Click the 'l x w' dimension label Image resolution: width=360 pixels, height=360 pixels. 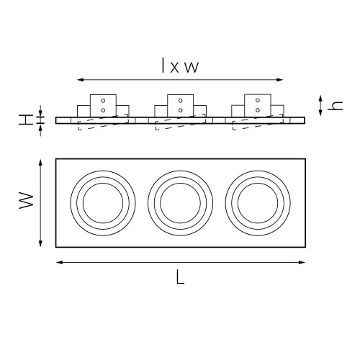pyautogui.click(x=180, y=65)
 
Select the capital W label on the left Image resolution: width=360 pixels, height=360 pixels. pyautogui.click(x=26, y=200)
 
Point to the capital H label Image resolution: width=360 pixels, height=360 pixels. pyautogui.click(x=26, y=120)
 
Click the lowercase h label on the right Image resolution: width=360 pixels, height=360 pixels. pyautogui.click(x=335, y=106)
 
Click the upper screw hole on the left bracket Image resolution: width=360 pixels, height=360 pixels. pyautogui.click(x=103, y=100)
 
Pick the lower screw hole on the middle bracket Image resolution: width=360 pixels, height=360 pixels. pyautogui.click(x=181, y=110)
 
